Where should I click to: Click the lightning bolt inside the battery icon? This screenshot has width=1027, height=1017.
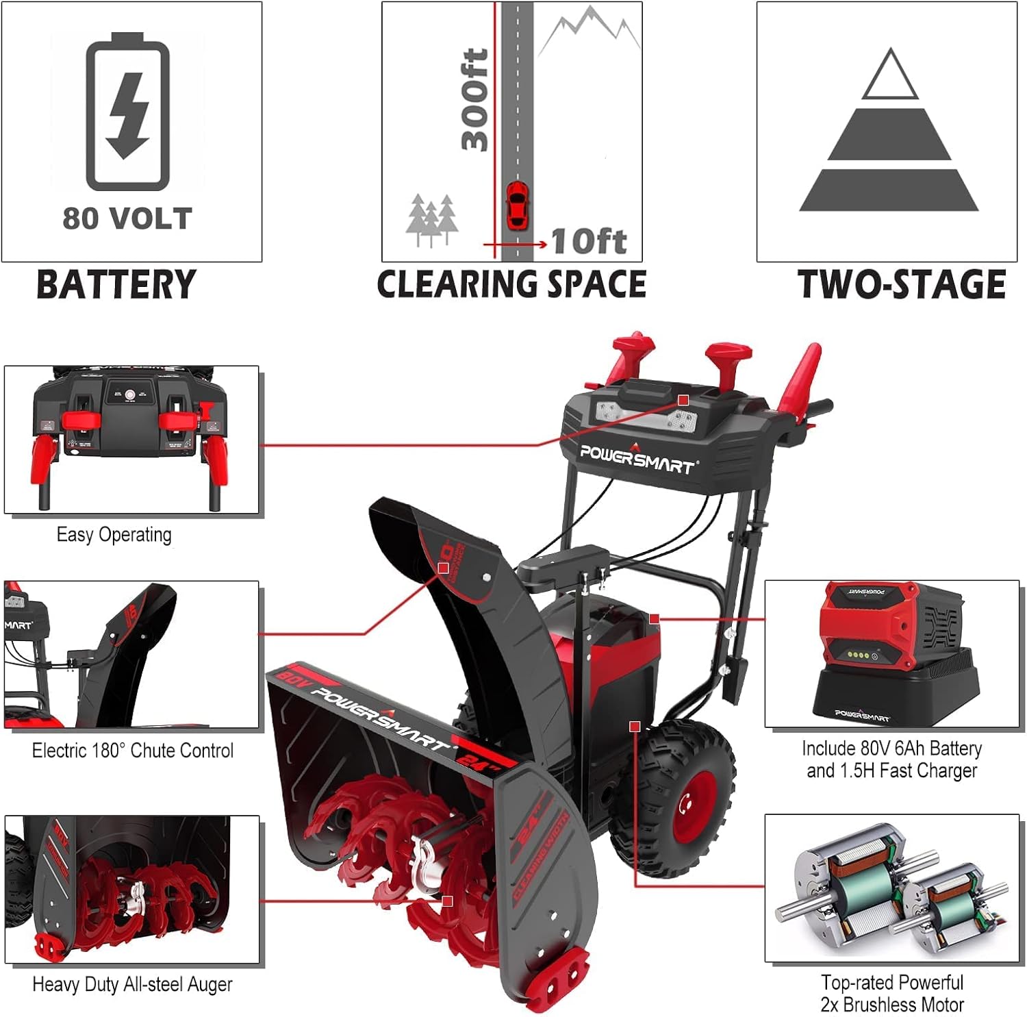[x=128, y=115]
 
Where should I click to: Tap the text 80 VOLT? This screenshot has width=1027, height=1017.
[x=127, y=219]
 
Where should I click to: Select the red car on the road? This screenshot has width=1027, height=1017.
[x=517, y=206]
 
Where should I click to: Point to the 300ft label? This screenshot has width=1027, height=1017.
[x=474, y=99]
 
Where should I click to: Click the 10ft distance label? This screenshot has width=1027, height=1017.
[x=589, y=242]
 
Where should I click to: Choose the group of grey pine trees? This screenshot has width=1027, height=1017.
[x=432, y=219]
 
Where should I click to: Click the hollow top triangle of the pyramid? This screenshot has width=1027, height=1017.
[x=889, y=76]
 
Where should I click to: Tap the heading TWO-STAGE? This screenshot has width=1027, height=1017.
[x=901, y=285]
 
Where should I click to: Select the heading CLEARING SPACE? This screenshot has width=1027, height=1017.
[x=511, y=285]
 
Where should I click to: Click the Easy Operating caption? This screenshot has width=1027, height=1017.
[x=114, y=535]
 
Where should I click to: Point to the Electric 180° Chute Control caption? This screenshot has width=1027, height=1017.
[x=133, y=751]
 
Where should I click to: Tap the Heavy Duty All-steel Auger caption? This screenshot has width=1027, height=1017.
[x=132, y=985]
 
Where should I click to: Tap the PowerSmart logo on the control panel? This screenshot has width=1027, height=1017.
[x=637, y=460]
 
